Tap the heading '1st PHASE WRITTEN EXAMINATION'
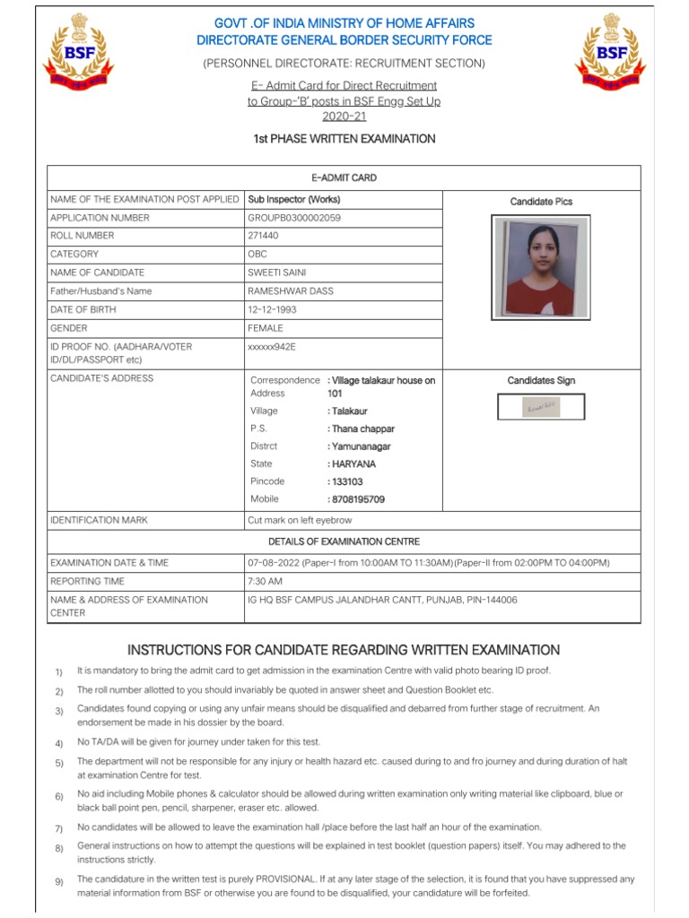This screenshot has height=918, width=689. [344, 139]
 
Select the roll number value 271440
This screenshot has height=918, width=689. [263, 236]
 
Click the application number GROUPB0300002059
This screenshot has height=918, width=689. [293, 218]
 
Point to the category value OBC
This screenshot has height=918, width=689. [257, 255]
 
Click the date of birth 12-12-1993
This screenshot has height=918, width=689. [272, 309]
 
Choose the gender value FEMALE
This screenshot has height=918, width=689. [266, 328]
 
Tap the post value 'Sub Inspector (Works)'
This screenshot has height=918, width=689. [293, 200]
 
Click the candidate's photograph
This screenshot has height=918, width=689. [540, 268]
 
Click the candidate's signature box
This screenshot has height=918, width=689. [540, 407]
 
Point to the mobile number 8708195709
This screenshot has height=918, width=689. [357, 499]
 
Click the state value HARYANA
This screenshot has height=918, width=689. [353, 464]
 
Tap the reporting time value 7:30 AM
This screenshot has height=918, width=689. [266, 581]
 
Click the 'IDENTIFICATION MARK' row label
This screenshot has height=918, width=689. [99, 520]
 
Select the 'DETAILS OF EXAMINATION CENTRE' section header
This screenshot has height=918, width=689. [344, 541]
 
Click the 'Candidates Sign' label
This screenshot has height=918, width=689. [540, 381]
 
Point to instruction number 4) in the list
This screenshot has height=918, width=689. [58, 743]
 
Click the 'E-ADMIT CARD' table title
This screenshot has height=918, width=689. [344, 178]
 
